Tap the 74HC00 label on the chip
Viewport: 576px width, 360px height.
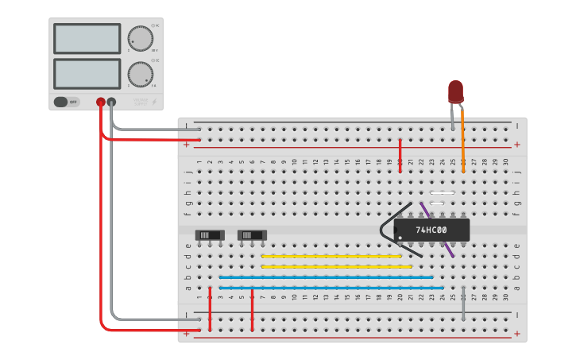(x=431, y=230)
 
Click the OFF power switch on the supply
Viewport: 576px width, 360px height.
(x=67, y=102)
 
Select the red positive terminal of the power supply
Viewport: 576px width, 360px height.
(x=101, y=102)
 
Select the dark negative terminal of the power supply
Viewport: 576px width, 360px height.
(x=111, y=102)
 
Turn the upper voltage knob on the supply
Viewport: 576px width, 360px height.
(x=140, y=38)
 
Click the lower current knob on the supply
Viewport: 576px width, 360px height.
(x=140, y=74)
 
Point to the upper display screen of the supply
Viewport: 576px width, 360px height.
(x=87, y=38)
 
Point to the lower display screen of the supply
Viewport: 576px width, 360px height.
(x=87, y=74)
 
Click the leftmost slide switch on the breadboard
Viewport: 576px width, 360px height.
(x=210, y=235)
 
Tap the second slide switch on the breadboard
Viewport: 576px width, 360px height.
(x=252, y=235)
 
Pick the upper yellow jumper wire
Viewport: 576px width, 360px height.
(x=331, y=256)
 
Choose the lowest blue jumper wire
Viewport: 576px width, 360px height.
(x=331, y=287)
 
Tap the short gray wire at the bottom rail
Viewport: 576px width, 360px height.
(x=463, y=309)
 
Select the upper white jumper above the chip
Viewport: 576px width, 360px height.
(x=442, y=193)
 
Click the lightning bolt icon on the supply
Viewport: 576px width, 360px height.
(x=154, y=102)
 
